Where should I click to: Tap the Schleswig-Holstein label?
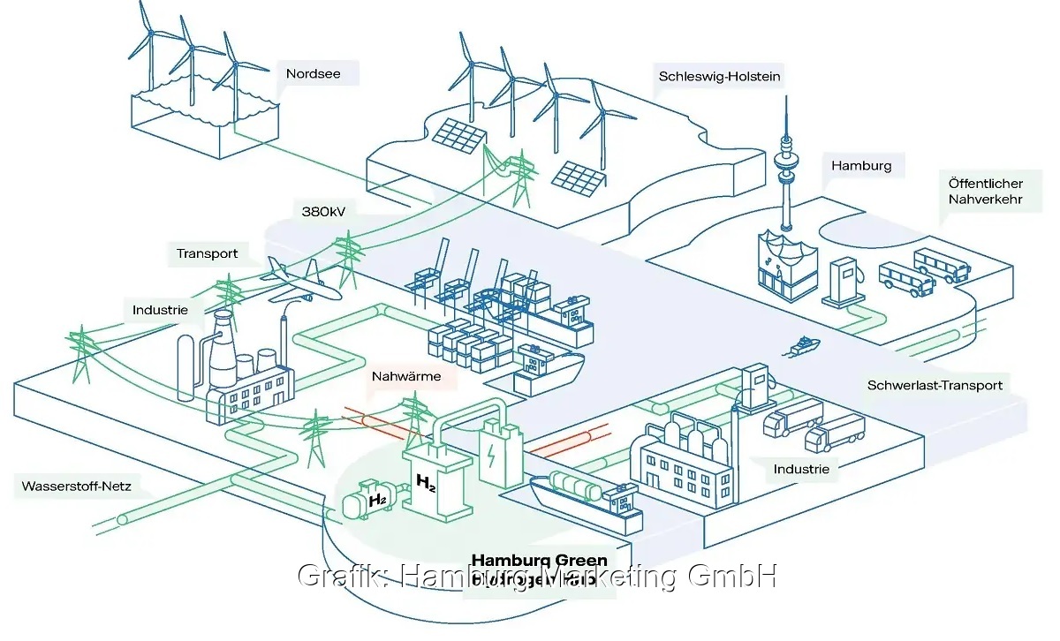[719, 76]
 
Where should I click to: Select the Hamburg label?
[861, 165]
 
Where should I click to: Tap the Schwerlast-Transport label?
[935, 385]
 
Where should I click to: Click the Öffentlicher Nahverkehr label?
[985, 192]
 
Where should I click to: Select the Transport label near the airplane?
[207, 253]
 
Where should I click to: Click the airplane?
[298, 278]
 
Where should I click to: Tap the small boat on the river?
[802, 346]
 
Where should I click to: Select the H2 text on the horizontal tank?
[377, 501]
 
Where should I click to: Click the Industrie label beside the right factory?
[801, 469]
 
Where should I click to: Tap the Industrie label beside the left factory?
[160, 310]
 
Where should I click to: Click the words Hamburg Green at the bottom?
[539, 561]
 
